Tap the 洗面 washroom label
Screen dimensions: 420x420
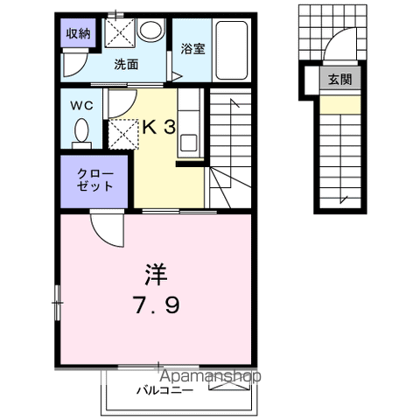(126, 64)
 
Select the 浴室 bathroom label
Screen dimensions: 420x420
(192, 50)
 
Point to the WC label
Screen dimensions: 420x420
(81, 106)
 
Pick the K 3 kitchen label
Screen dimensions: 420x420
(158, 127)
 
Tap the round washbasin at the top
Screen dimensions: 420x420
(150, 32)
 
